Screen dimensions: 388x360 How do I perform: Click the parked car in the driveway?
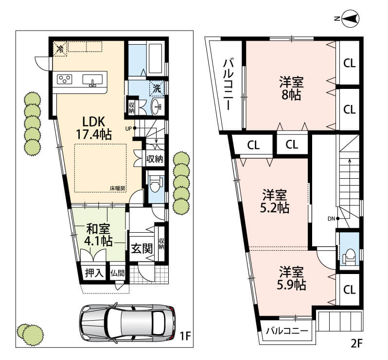[x=127, y=323]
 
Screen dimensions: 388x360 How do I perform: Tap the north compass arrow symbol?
[x=351, y=18]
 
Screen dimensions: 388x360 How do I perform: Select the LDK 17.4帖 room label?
[x=94, y=128]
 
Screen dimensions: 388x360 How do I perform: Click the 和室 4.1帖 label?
[x=98, y=235]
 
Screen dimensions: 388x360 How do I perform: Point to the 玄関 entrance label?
[x=141, y=248]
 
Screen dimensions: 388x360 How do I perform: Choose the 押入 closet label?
[x=94, y=273]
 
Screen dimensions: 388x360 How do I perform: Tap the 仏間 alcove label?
[x=118, y=274]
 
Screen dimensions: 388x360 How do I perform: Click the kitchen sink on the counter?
[x=92, y=80]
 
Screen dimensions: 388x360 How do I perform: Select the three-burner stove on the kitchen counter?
[x=65, y=79]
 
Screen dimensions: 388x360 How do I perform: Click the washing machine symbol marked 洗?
[x=157, y=88]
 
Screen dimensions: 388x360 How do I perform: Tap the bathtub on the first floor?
[x=155, y=59]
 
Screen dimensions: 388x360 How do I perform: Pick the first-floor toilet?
[x=156, y=184]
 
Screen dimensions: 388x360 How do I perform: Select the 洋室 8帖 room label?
[x=292, y=88]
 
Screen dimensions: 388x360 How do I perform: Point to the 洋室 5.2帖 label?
[x=275, y=201]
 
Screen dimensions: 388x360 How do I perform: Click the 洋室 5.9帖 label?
[x=292, y=278]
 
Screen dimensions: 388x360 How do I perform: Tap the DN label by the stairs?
[x=331, y=219]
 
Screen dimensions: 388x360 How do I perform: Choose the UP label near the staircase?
[x=129, y=129]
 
